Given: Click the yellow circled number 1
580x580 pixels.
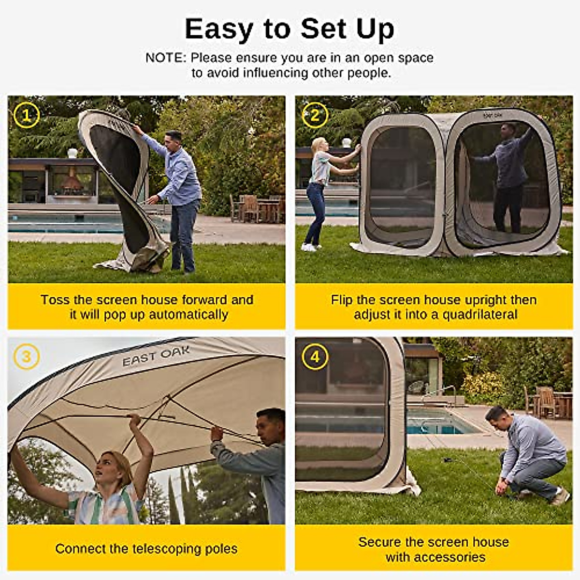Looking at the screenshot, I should [x=26, y=116].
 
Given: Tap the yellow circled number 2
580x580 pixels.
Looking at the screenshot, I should [x=315, y=116].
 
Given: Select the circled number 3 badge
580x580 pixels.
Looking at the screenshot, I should [x=26, y=357].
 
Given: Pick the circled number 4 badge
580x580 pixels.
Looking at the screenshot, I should [x=315, y=357].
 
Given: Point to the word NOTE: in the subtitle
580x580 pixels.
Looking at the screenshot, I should [x=165, y=58].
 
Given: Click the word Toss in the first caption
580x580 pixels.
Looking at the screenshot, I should [x=55, y=300].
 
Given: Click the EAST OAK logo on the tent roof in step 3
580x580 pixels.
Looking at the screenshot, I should [x=156, y=357].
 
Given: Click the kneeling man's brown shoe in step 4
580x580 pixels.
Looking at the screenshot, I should [x=561, y=497].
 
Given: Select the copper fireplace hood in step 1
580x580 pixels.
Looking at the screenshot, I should [x=71, y=182].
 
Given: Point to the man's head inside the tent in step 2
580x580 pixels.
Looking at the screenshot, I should [x=508, y=130].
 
